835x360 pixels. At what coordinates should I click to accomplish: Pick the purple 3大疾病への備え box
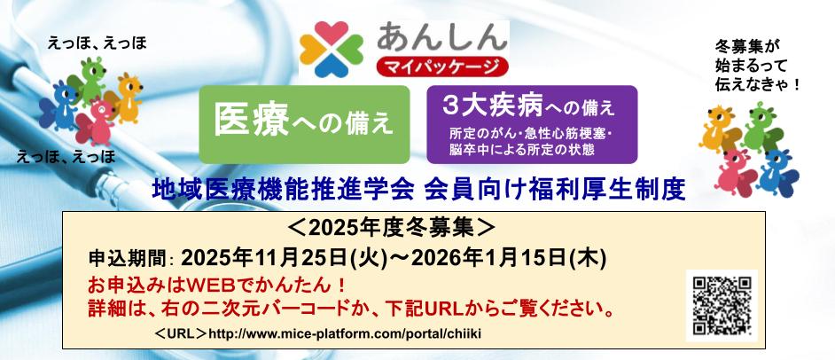[531, 124]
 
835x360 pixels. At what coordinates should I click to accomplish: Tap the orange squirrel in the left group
[129, 92]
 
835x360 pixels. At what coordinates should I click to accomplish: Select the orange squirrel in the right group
[722, 124]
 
